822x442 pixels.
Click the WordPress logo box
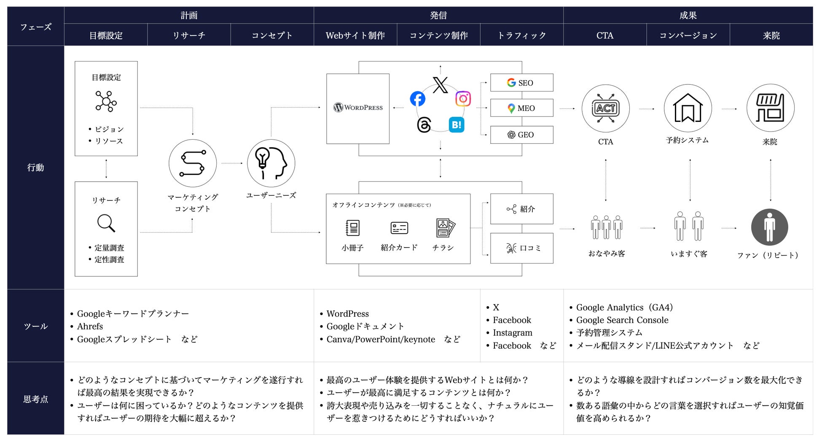[358, 108]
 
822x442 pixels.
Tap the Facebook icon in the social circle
[417, 99]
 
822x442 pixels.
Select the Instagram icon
[463, 99]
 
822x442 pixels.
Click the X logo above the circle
[440, 85]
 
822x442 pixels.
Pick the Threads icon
[424, 125]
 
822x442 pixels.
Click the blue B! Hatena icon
[457, 125]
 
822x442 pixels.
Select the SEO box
[521, 83]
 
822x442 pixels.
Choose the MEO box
[521, 108]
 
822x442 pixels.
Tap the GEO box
[521, 135]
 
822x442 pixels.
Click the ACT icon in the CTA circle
[605, 108]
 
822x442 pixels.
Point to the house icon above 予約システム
[688, 108]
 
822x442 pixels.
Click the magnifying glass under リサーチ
[106, 223]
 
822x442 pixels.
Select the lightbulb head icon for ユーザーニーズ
[271, 163]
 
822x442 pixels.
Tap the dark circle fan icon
[769, 227]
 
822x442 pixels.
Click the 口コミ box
[521, 248]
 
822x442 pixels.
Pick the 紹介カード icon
[399, 228]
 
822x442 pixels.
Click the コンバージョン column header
[688, 35]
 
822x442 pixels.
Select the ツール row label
[36, 326]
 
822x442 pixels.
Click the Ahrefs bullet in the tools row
[90, 326]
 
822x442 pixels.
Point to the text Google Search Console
[622, 320]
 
